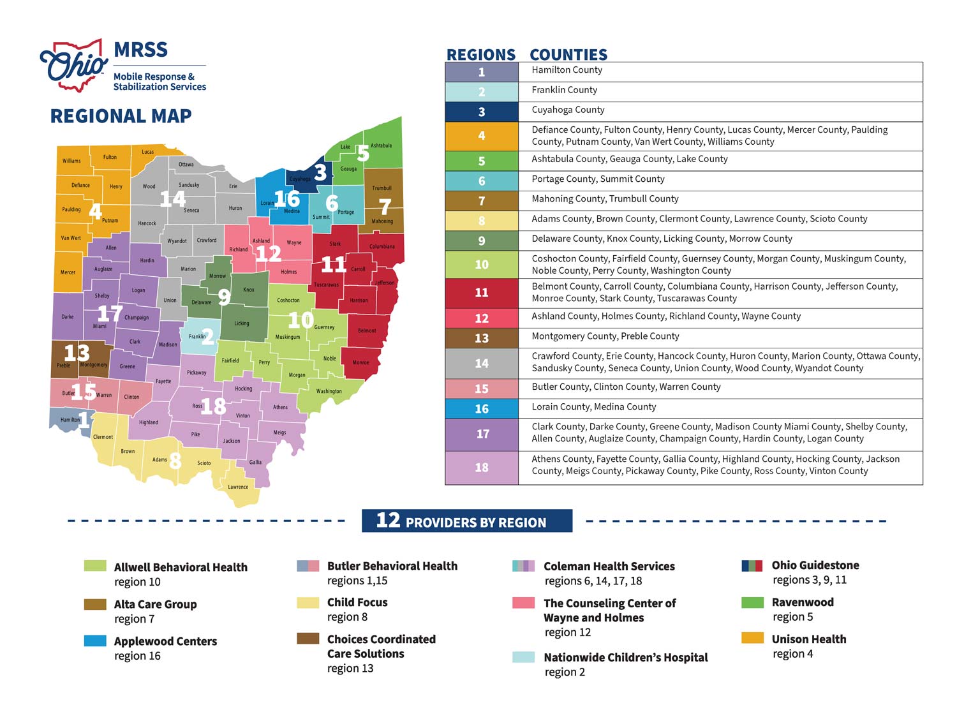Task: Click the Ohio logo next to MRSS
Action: pos(73,65)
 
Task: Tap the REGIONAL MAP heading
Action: pos(121,116)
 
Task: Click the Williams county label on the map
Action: pos(71,161)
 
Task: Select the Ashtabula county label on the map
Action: pos(381,145)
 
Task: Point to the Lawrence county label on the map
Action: pos(238,487)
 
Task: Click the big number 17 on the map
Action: pos(109,313)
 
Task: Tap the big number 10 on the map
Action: pos(300,319)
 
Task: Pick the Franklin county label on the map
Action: pos(197,336)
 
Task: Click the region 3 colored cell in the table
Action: pos(482,112)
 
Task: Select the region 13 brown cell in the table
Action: pos(482,338)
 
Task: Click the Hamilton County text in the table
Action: pos(567,70)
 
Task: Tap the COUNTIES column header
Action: pos(568,55)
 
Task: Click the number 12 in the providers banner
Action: pos(388,521)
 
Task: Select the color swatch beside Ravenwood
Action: pos(752,602)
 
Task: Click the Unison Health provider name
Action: pos(808,639)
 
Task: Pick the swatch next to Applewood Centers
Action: pos(95,641)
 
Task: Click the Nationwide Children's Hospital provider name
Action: pos(625,657)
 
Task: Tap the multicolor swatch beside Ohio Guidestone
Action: pos(752,565)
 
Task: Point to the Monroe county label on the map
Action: pos(360,362)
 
